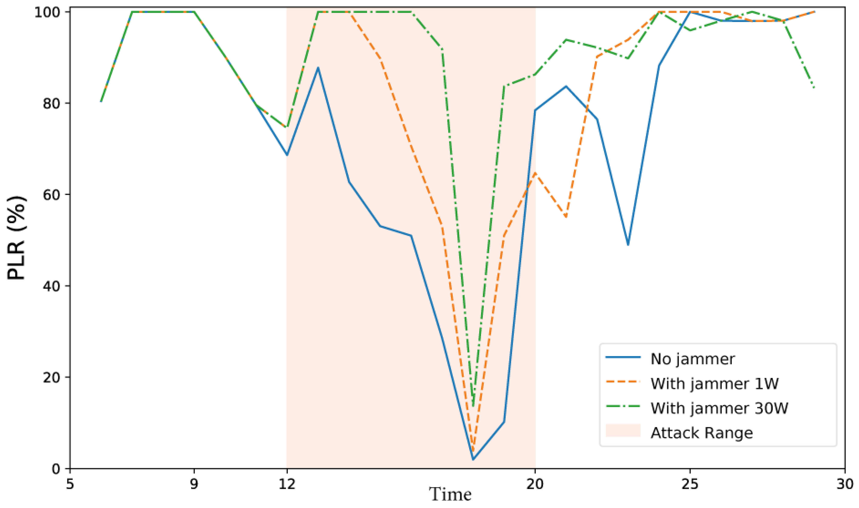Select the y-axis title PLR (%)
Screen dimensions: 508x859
pyautogui.click(x=17, y=238)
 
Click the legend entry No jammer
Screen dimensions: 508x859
pyautogui.click(x=692, y=359)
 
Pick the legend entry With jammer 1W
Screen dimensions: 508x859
pyautogui.click(x=714, y=384)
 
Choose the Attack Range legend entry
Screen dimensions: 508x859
pyautogui.click(x=702, y=433)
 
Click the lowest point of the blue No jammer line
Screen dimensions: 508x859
pyautogui.click(x=473, y=460)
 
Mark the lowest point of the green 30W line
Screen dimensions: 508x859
pyautogui.click(x=473, y=407)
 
